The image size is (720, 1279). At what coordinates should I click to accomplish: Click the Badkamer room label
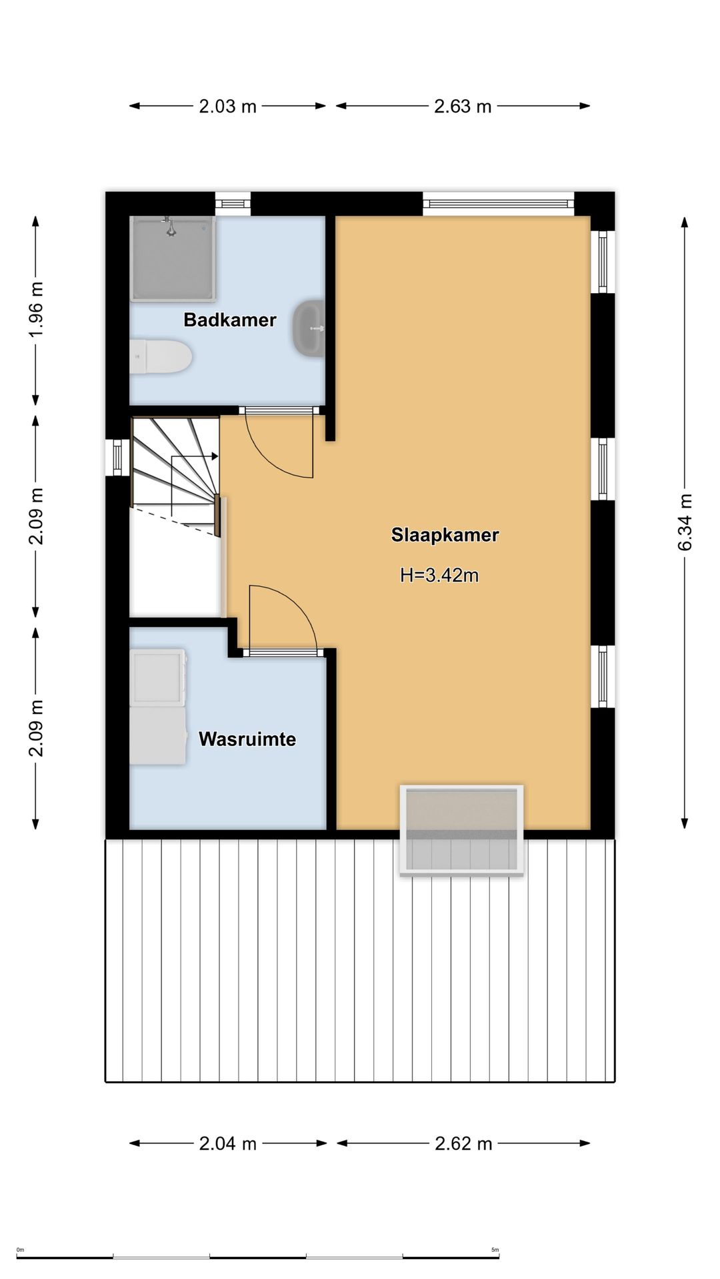pyautogui.click(x=230, y=320)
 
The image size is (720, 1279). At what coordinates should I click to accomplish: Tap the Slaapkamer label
pyautogui.click(x=445, y=535)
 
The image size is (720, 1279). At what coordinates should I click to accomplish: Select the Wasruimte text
pyautogui.click(x=247, y=739)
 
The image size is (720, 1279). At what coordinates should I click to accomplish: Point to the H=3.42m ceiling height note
pyautogui.click(x=439, y=575)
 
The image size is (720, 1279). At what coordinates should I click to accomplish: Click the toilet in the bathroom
pyautogui.click(x=161, y=357)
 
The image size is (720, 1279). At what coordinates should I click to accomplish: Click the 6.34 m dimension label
pyautogui.click(x=685, y=522)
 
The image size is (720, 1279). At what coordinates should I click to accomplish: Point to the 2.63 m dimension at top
pyautogui.click(x=463, y=106)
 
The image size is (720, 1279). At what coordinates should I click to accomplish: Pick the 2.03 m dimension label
pyautogui.click(x=227, y=106)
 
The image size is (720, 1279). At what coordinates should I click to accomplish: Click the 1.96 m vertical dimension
pyautogui.click(x=36, y=309)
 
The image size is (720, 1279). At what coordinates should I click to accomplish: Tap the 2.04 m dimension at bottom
pyautogui.click(x=227, y=1144)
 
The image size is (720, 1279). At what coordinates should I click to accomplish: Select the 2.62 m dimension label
pyautogui.click(x=463, y=1144)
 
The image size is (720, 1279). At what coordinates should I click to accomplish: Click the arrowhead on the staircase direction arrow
pyautogui.click(x=215, y=456)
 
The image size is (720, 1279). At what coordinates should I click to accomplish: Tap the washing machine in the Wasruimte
pyautogui.click(x=159, y=677)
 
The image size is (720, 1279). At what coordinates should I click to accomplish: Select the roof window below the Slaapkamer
pyautogui.click(x=461, y=830)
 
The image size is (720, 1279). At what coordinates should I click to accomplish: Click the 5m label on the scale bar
pyautogui.click(x=495, y=1250)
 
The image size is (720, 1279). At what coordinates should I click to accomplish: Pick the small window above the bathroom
pyautogui.click(x=233, y=203)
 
